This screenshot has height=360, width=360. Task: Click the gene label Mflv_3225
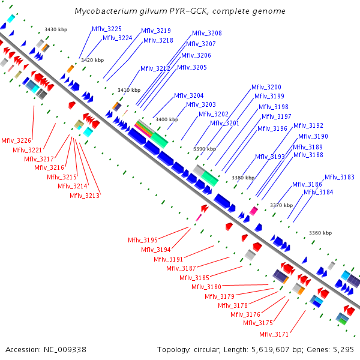point(107,29)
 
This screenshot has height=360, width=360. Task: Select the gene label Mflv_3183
point(340,177)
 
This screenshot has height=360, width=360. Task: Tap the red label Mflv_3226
point(16,140)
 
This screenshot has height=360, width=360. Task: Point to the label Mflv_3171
point(274,334)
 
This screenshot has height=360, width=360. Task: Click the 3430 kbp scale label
point(56,29)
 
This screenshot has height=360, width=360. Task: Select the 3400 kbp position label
point(167,119)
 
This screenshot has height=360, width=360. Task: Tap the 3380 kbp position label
point(244,178)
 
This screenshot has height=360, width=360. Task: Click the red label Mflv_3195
point(142,240)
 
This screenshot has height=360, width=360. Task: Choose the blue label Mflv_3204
point(189,96)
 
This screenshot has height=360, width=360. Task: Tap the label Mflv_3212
point(155,68)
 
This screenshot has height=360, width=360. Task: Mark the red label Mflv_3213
point(85,195)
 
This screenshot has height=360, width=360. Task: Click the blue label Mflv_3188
point(308,155)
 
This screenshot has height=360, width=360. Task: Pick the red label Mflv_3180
point(206,287)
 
